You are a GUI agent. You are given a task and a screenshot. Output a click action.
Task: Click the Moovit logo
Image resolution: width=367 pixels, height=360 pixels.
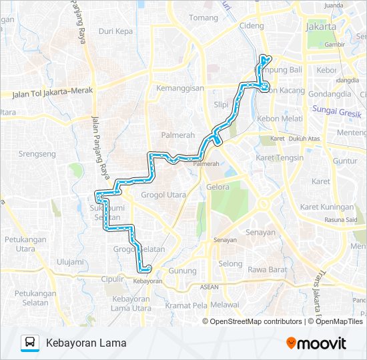[316, 343]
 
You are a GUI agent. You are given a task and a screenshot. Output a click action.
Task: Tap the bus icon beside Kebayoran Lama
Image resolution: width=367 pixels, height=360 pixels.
[30, 343]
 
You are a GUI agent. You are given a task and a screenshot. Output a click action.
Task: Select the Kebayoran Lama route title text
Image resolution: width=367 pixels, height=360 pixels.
[86, 343]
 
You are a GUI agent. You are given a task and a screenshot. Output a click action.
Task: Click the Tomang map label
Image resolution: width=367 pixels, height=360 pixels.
[204, 18]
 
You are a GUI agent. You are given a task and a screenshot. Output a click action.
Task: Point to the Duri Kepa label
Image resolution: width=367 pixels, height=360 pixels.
[115, 31]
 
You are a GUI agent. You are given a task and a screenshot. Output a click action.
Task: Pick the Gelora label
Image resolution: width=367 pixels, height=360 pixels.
[218, 187]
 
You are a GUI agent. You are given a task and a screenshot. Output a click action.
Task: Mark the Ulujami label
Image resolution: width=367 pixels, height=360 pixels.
[71, 262]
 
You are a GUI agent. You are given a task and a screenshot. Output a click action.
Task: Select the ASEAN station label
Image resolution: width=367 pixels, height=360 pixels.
[210, 287]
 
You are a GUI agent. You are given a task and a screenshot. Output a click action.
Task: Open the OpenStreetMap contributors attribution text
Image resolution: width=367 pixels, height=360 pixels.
[256, 321]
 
